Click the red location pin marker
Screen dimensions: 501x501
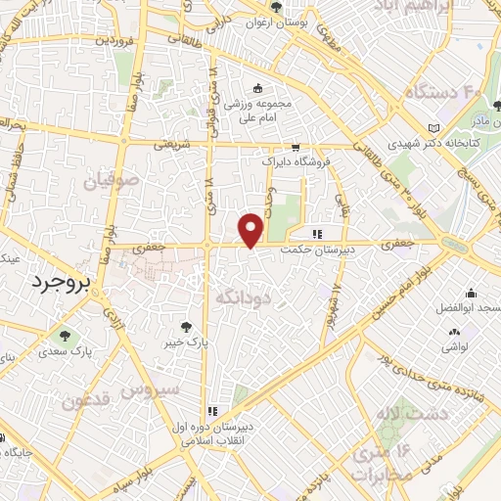click(251, 229)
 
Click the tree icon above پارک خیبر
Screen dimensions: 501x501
click(187, 327)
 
